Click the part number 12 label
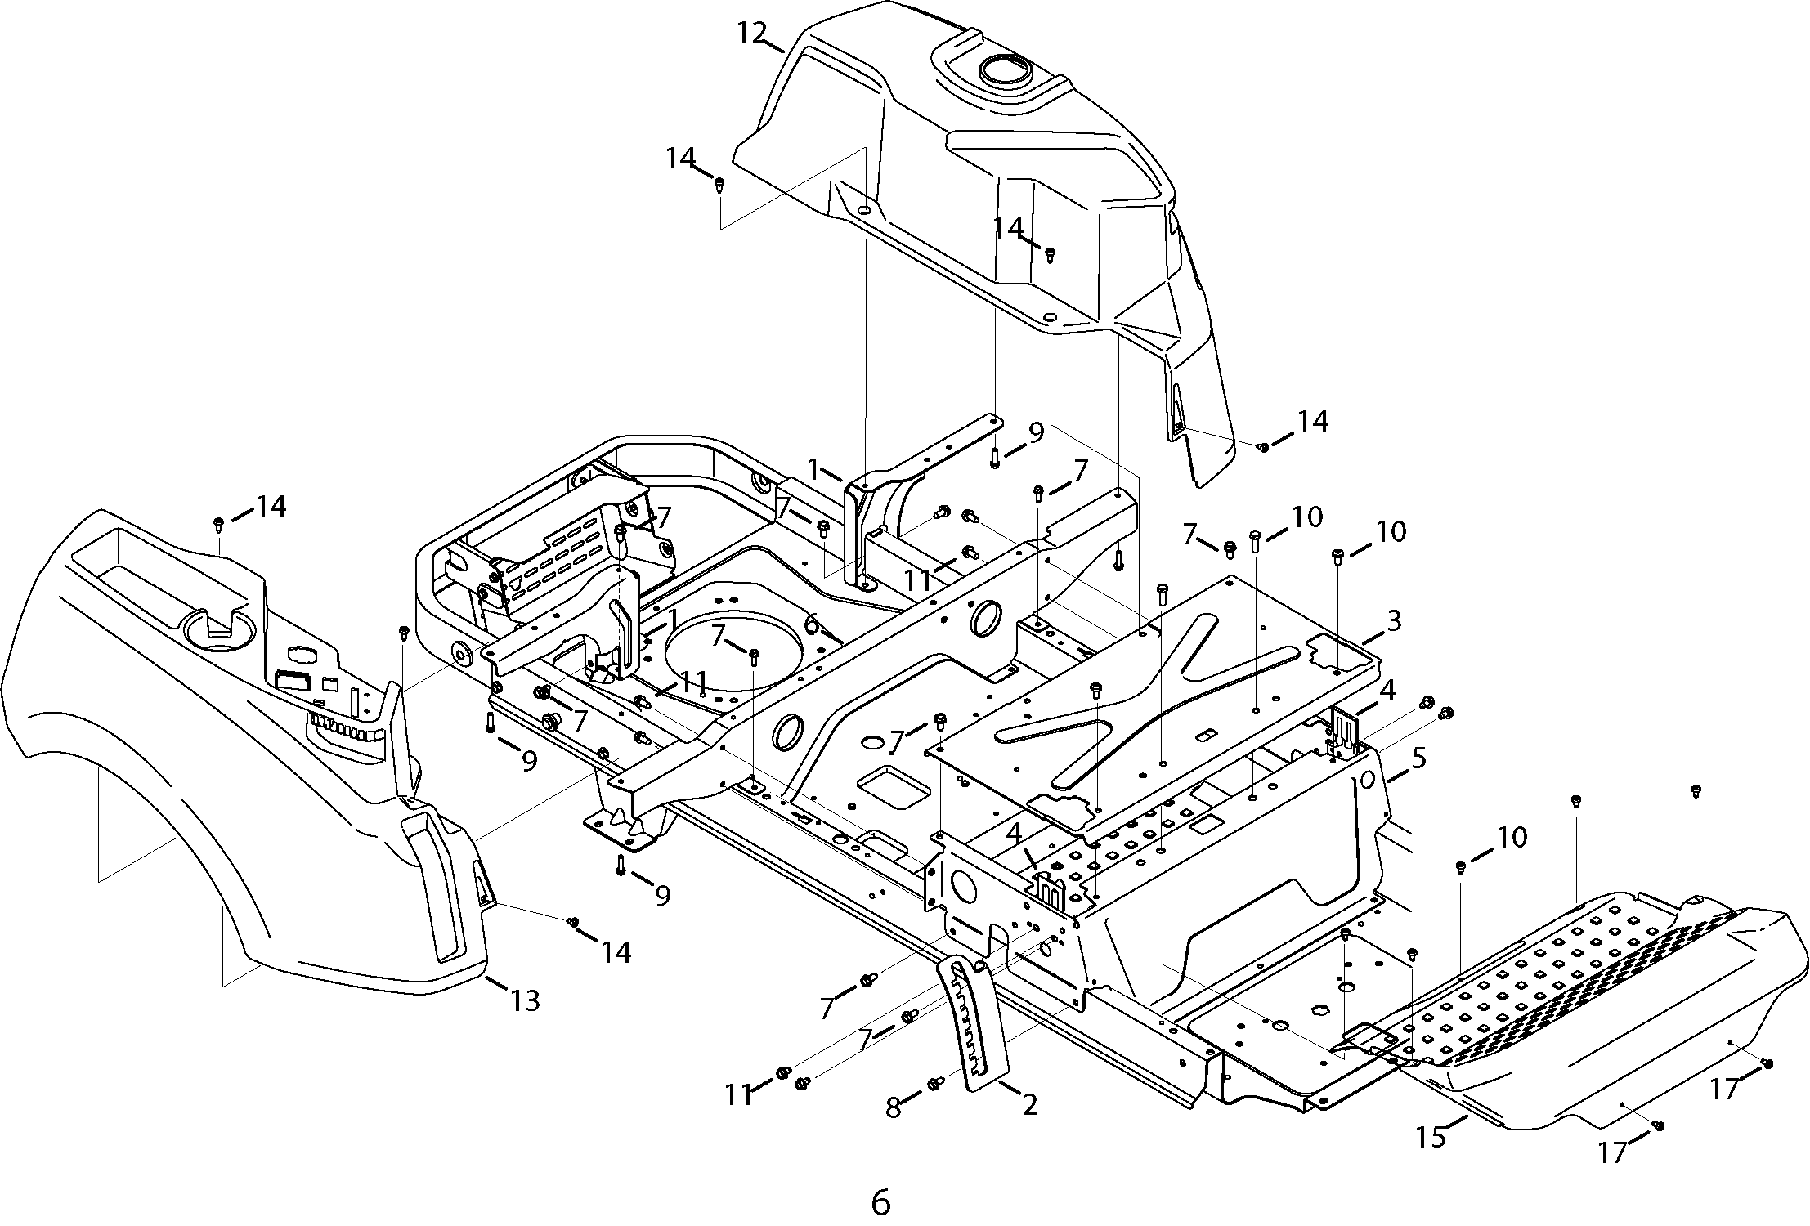click(x=752, y=33)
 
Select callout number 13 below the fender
click(x=525, y=1000)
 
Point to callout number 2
click(x=1029, y=1105)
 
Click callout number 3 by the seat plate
click(x=1393, y=622)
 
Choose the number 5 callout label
click(x=1418, y=758)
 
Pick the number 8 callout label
click(x=894, y=1107)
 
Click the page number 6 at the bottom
click(x=880, y=1201)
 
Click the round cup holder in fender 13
click(x=218, y=631)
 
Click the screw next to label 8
click(x=934, y=1084)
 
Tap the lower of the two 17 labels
click(x=1612, y=1152)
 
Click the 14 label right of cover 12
click(x=1312, y=422)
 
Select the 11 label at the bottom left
click(x=739, y=1094)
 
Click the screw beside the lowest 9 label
click(x=621, y=865)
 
